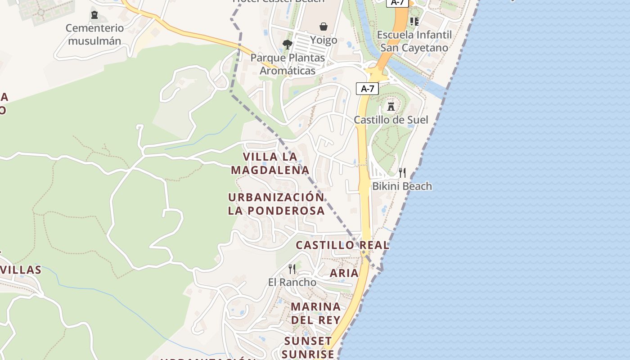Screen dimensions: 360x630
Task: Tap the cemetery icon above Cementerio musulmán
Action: (94, 15)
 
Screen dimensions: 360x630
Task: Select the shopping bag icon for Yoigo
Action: (323, 27)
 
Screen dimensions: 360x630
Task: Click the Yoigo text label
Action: (323, 40)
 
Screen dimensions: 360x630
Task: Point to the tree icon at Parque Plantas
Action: (287, 45)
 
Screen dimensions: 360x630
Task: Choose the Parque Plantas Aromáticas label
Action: (287, 64)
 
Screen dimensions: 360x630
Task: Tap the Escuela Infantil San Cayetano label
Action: (414, 41)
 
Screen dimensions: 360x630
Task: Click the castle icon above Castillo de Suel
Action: (391, 107)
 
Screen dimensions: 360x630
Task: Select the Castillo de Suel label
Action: (391, 120)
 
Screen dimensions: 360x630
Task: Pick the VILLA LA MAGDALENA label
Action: (270, 163)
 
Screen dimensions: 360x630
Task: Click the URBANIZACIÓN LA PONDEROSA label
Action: (276, 204)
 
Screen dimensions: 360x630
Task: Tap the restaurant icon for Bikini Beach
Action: (402, 172)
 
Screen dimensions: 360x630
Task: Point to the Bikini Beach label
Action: (402, 186)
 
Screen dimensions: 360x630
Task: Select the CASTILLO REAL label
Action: (342, 245)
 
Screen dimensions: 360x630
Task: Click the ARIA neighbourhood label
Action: (344, 273)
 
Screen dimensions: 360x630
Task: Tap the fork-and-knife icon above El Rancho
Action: (292, 269)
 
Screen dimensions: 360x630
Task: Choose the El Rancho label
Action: (292, 282)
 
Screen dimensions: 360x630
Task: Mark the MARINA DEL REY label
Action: (315, 313)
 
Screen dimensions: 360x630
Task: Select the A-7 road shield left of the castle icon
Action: (367, 89)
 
